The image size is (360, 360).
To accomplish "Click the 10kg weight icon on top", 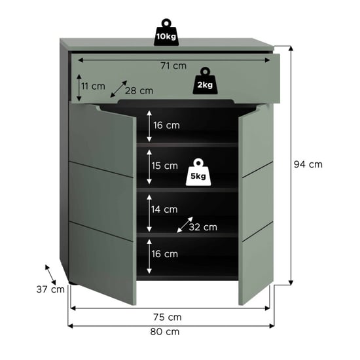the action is click(x=166, y=32).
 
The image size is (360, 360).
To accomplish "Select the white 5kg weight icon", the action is click(x=198, y=172).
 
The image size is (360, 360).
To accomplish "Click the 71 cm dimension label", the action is click(x=173, y=66).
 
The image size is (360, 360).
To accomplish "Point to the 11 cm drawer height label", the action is click(x=93, y=86).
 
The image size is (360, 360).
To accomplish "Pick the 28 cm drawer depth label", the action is click(x=139, y=91).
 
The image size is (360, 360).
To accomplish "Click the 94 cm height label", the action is click(x=308, y=164).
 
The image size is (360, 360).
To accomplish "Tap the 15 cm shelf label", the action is click(x=164, y=166).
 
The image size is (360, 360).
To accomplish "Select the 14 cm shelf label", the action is click(x=164, y=209).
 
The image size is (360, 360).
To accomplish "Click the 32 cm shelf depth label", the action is click(x=203, y=227).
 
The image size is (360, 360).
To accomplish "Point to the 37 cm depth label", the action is click(x=50, y=289).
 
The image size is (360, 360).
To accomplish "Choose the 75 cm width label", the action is click(x=168, y=317).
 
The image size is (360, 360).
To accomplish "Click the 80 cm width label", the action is click(x=165, y=332).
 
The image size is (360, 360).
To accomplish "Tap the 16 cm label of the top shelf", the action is click(x=166, y=126).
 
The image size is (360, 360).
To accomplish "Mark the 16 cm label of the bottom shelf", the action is click(x=164, y=254).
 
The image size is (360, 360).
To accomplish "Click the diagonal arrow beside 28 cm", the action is click(x=118, y=89).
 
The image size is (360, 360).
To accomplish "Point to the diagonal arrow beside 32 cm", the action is click(x=185, y=225).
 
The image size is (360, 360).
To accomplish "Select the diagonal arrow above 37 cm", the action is click(x=50, y=275).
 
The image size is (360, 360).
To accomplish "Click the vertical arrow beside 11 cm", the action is click(x=79, y=88).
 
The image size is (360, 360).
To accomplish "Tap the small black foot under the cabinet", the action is click(x=73, y=283).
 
